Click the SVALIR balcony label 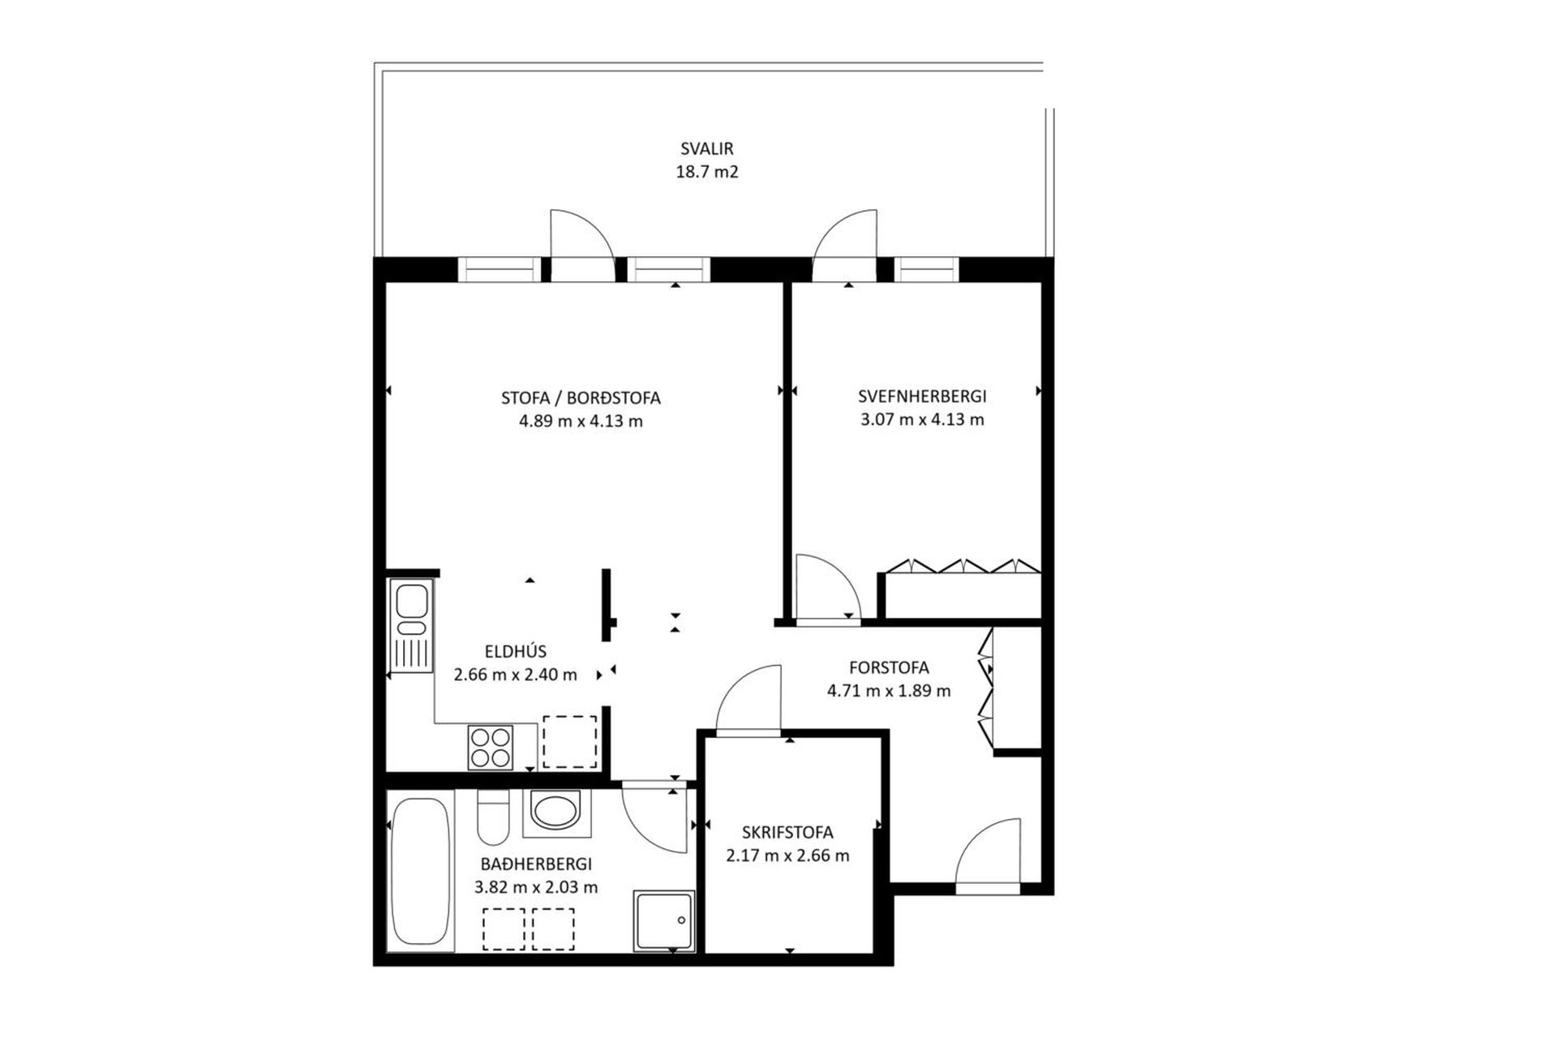pyautogui.click(x=707, y=149)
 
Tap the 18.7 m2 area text pyautogui.click(x=707, y=172)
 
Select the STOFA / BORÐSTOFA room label pyautogui.click(x=581, y=398)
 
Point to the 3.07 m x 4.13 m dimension pyautogui.click(x=922, y=419)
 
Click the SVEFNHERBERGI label pyautogui.click(x=922, y=397)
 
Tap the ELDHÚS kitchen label pyautogui.click(x=516, y=651)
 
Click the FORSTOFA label pyautogui.click(x=889, y=668)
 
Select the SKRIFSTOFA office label pyautogui.click(x=787, y=833)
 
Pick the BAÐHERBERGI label pyautogui.click(x=536, y=864)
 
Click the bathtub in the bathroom pyautogui.click(x=420, y=871)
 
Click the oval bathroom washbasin pyautogui.click(x=556, y=811)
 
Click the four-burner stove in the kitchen pyautogui.click(x=491, y=747)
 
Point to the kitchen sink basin pyautogui.click(x=412, y=601)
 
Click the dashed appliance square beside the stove pyautogui.click(x=569, y=741)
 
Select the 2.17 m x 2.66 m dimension pyautogui.click(x=787, y=856)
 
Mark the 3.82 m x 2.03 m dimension pyautogui.click(x=536, y=887)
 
